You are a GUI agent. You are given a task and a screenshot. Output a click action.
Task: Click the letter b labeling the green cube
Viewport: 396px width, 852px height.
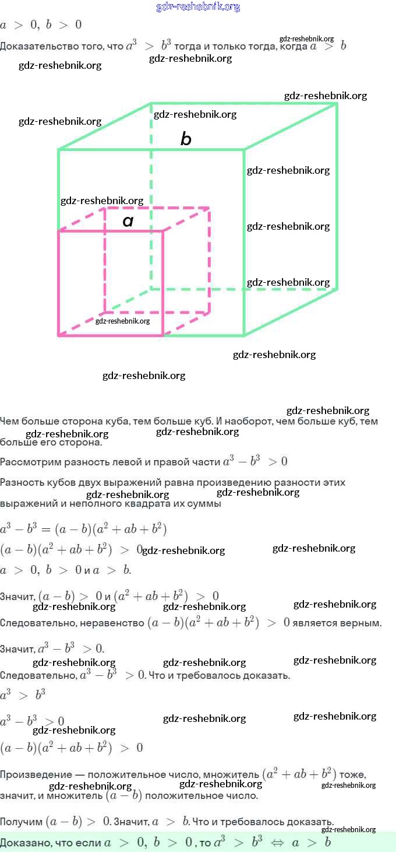pyautogui.click(x=186, y=139)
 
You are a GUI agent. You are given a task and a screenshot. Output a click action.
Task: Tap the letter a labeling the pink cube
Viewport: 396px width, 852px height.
pyautogui.click(x=128, y=221)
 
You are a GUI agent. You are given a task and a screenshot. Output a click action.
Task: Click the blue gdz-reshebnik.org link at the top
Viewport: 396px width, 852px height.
pyautogui.click(x=198, y=7)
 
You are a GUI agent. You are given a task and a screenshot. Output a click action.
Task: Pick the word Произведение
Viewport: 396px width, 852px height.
pyautogui.click(x=36, y=775)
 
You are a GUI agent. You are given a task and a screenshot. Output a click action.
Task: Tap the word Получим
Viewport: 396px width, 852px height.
pyautogui.click(x=21, y=822)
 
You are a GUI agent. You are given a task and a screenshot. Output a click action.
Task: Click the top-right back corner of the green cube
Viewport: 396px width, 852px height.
pyautogui.click(x=337, y=104)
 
